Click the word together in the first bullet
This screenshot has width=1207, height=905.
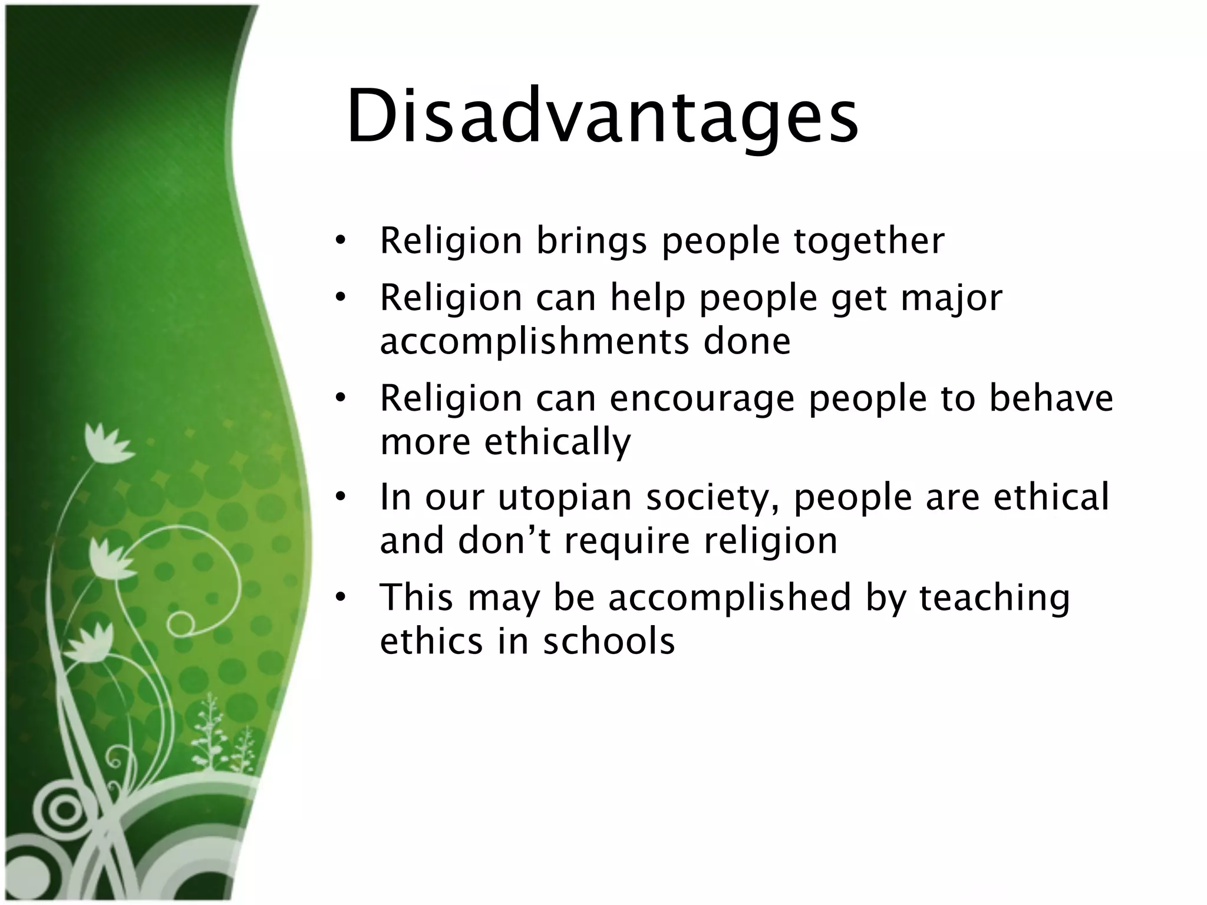869,241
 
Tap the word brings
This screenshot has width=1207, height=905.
592,242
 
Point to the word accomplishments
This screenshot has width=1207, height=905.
534,342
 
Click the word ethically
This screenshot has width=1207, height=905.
558,442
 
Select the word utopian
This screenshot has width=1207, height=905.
565,498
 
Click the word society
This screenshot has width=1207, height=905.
712,498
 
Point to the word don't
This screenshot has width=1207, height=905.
504,540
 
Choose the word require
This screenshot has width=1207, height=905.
626,541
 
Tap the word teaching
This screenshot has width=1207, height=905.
994,599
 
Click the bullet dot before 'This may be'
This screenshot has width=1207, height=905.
340,597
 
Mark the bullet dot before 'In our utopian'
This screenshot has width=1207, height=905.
340,497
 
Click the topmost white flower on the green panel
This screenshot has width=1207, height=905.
107,442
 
